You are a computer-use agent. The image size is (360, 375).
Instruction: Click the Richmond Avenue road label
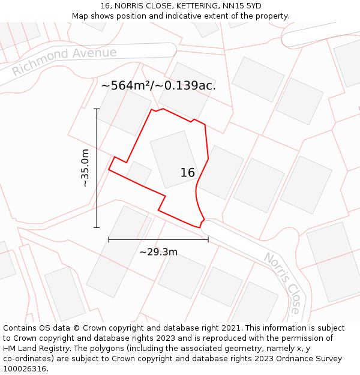point(64,61)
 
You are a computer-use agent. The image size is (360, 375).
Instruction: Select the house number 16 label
point(188,173)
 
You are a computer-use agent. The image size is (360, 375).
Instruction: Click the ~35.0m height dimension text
point(85,168)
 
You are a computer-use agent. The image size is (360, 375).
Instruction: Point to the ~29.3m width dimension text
point(158,252)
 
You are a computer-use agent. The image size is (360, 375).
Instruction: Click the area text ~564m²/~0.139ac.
point(158,85)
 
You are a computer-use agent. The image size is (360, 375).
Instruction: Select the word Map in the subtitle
point(81,16)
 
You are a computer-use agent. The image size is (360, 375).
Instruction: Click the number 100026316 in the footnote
point(24,368)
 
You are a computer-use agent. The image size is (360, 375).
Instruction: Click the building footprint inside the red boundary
point(175,159)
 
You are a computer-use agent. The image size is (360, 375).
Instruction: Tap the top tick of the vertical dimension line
point(97,109)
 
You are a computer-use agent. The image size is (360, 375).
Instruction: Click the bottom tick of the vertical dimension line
point(97,227)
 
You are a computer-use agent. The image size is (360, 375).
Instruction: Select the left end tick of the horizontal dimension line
point(109,239)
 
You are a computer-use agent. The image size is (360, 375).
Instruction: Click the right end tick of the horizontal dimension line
point(208,239)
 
